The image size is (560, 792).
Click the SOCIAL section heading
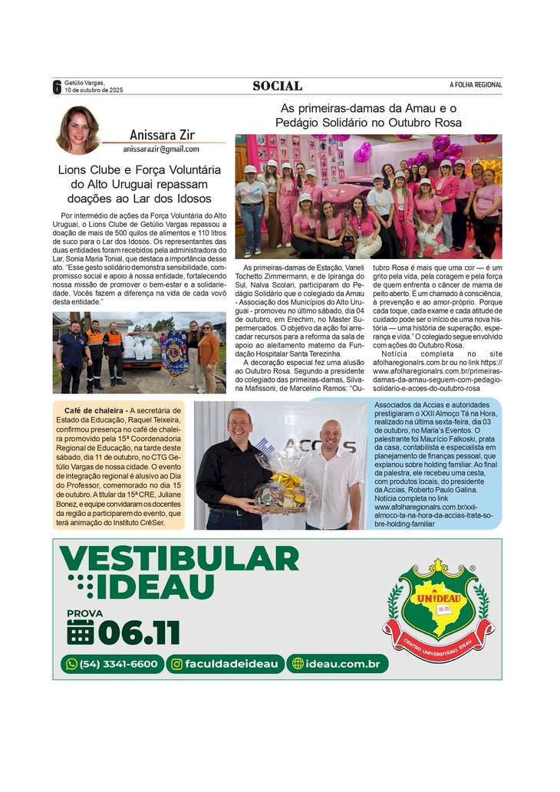tap(277, 86)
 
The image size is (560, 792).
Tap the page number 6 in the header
tap(57, 87)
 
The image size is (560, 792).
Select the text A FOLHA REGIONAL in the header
tap(476, 85)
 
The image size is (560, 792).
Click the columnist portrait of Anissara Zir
tap(77, 130)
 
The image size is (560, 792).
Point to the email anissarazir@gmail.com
tap(161, 150)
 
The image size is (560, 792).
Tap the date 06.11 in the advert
tap(139, 633)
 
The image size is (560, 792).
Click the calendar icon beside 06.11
tap(81, 633)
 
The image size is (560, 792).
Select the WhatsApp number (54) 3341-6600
tap(113, 664)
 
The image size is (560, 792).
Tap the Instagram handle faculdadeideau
tap(226, 664)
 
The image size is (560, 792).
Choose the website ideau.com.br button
tap(338, 664)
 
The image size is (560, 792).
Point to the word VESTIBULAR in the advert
tap(179, 558)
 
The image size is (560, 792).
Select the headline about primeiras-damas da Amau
tap(368, 116)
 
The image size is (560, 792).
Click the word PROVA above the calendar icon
tap(84, 613)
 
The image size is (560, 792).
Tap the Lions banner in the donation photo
tap(174, 353)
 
